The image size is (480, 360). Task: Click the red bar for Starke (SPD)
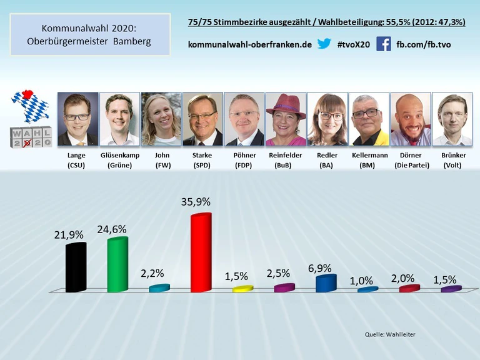click(x=201, y=253)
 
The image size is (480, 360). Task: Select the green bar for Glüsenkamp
click(x=117, y=265)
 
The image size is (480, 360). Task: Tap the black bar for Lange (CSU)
click(x=76, y=267)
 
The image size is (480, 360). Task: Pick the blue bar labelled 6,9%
click(x=326, y=284)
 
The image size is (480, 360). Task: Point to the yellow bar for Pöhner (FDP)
click(x=242, y=289)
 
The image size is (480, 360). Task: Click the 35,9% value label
click(x=201, y=202)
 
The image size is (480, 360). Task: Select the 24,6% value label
click(x=112, y=229)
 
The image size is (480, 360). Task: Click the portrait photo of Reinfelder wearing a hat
click(x=286, y=119)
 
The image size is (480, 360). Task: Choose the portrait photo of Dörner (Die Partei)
click(x=411, y=119)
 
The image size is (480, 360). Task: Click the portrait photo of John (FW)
click(x=161, y=119)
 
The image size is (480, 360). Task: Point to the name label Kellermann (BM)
click(x=369, y=159)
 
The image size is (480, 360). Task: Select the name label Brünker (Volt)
click(x=452, y=159)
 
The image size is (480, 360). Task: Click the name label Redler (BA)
click(x=327, y=159)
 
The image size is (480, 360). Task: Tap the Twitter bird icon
click(x=324, y=44)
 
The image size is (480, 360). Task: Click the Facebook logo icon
click(x=383, y=44)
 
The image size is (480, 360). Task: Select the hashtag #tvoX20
click(x=353, y=45)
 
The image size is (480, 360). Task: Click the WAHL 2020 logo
click(x=31, y=137)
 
